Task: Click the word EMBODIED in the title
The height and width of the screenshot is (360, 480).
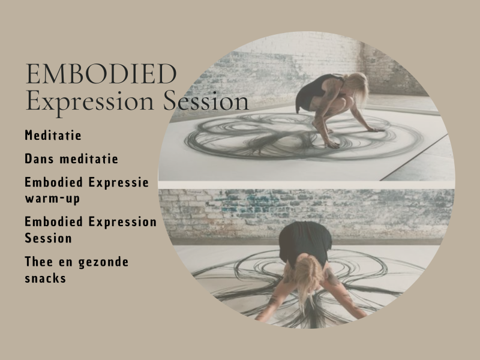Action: click(101, 74)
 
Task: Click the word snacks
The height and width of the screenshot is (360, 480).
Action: click(46, 278)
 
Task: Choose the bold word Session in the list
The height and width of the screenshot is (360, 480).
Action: click(49, 238)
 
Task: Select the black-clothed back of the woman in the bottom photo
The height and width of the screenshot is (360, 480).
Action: click(307, 240)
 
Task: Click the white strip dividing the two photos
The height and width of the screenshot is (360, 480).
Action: click(306, 184)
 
